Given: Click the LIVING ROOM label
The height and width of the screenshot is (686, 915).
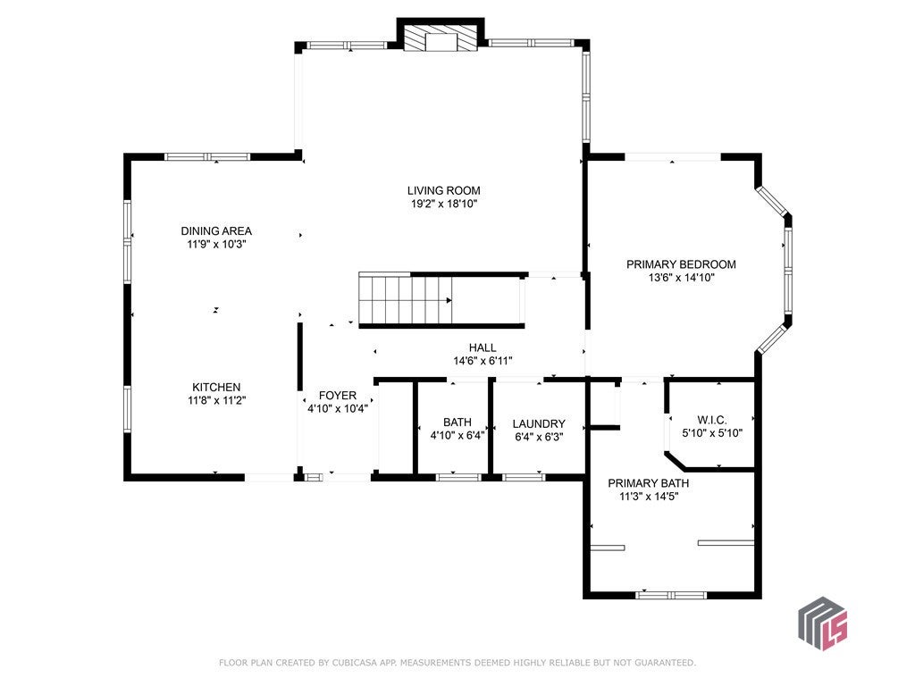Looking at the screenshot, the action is pyautogui.click(x=443, y=191).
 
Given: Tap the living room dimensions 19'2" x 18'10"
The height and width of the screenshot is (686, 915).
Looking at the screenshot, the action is pyautogui.click(x=443, y=205).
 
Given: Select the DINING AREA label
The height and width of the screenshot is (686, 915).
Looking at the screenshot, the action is pyautogui.click(x=216, y=231).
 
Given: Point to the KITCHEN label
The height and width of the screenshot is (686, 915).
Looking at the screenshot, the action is pyautogui.click(x=216, y=388).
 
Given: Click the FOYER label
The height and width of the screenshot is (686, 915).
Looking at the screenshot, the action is pyautogui.click(x=337, y=396).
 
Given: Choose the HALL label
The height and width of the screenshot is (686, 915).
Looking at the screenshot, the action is pyautogui.click(x=483, y=347).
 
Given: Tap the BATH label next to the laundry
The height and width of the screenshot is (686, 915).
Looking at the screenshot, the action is pyautogui.click(x=457, y=422).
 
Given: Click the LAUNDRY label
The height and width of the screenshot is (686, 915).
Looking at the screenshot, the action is pyautogui.click(x=539, y=424).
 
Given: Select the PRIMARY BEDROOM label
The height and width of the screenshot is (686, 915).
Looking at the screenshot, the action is pyautogui.click(x=681, y=264).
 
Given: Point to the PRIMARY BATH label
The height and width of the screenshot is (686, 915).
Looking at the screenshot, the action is pyautogui.click(x=649, y=483).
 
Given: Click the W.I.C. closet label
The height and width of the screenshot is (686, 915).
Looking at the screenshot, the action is pyautogui.click(x=712, y=420).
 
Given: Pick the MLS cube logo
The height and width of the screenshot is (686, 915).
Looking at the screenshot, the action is pyautogui.click(x=823, y=623).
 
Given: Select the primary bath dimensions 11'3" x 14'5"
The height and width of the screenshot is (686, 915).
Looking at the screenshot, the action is pyautogui.click(x=649, y=497).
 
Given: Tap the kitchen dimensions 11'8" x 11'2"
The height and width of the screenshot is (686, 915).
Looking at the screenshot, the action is pyautogui.click(x=216, y=401).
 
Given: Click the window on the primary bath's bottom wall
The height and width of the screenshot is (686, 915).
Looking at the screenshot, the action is pyautogui.click(x=671, y=596).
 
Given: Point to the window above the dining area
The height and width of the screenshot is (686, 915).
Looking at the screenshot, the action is pyautogui.click(x=207, y=156).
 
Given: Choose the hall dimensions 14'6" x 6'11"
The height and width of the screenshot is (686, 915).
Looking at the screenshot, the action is pyautogui.click(x=483, y=361).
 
